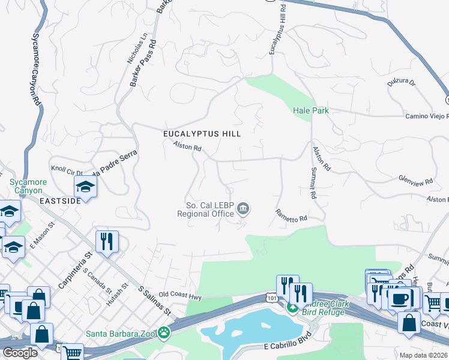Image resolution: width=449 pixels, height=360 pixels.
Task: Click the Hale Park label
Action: click(310, 110)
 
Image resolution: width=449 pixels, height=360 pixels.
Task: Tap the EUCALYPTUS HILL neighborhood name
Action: click(202, 134)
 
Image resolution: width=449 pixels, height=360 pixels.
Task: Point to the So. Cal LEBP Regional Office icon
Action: click(243, 209)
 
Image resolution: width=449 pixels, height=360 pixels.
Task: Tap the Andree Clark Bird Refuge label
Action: click(323, 308)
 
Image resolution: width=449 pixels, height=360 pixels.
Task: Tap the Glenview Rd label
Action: click(415, 179)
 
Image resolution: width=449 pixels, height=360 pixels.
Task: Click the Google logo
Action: click(20, 353)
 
